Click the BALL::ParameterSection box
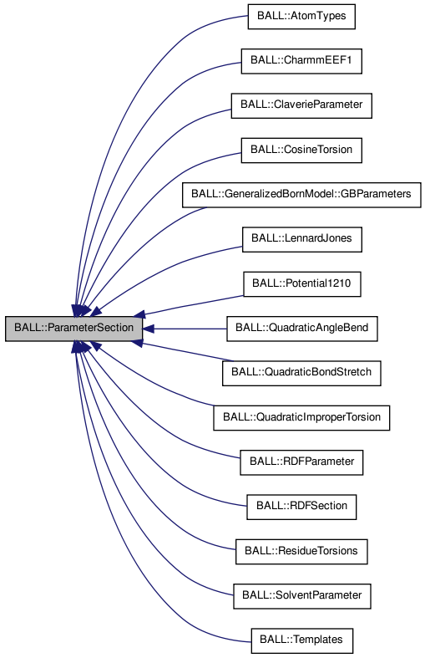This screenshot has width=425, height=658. (73, 329)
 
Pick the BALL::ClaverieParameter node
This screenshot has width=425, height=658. (301, 106)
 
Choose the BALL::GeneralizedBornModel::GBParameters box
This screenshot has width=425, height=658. (301, 195)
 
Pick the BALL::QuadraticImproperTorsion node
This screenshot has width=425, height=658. (301, 417)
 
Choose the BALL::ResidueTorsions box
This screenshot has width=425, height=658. (301, 551)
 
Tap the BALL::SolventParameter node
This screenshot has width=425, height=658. (301, 595)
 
